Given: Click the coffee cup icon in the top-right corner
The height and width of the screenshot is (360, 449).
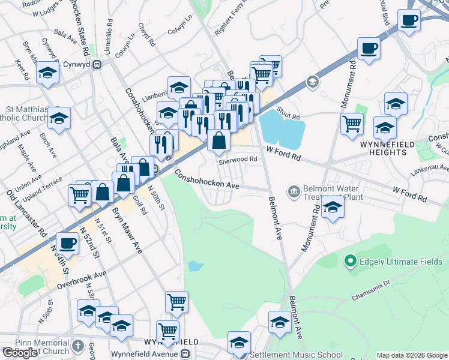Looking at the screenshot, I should click(x=409, y=20).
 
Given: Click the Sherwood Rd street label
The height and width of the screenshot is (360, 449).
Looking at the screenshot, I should click(x=238, y=160).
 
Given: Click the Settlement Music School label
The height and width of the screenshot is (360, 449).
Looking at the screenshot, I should click(x=296, y=355).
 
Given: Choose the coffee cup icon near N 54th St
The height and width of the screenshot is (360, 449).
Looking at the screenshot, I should click(x=68, y=244).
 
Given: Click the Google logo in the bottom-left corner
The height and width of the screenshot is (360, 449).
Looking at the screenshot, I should click(x=20, y=353).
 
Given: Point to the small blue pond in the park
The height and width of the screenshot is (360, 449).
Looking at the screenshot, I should click(x=194, y=266).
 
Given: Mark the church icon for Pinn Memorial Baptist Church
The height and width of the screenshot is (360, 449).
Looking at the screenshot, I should click(x=78, y=346).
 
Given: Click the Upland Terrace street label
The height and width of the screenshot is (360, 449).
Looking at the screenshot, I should click(x=43, y=189).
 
